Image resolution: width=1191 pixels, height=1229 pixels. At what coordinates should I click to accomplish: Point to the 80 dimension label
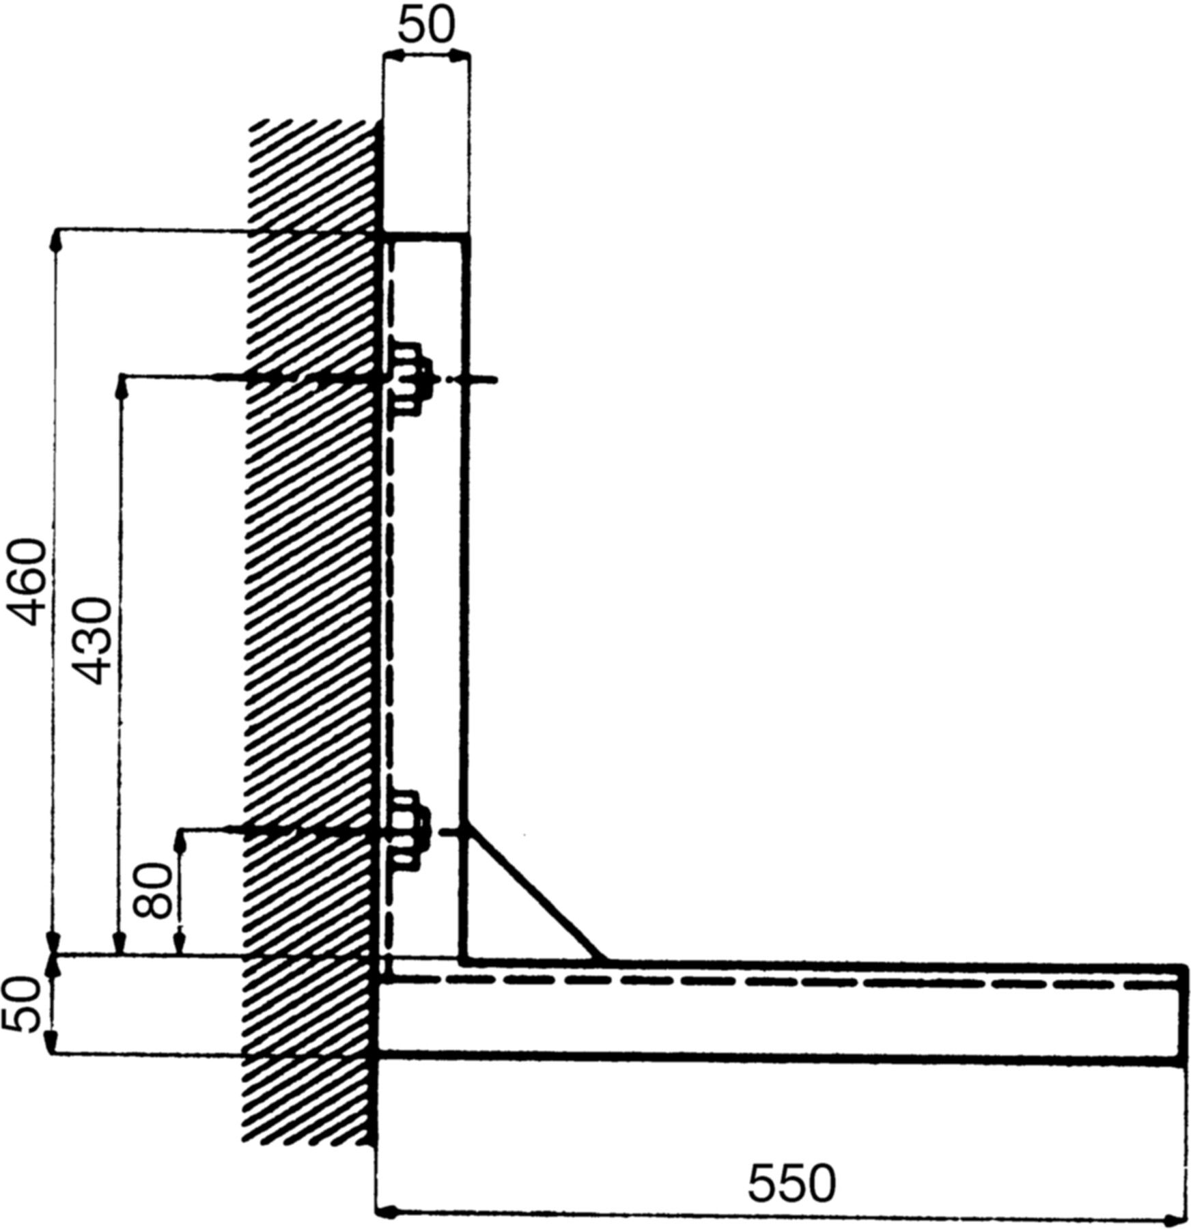151,891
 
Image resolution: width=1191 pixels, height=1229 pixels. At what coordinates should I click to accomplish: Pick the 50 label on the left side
20,1005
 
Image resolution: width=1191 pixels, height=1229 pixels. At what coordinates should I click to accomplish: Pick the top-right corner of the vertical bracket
468,237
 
